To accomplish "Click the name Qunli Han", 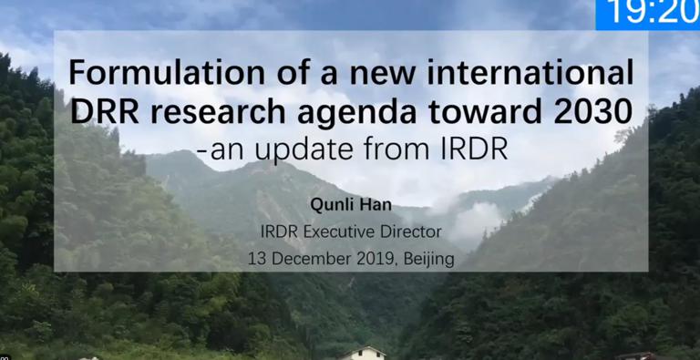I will click(x=350, y=207).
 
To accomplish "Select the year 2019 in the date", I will click(x=375, y=259).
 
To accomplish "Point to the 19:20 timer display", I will click(x=647, y=14).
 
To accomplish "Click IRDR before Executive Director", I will click(x=280, y=232).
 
